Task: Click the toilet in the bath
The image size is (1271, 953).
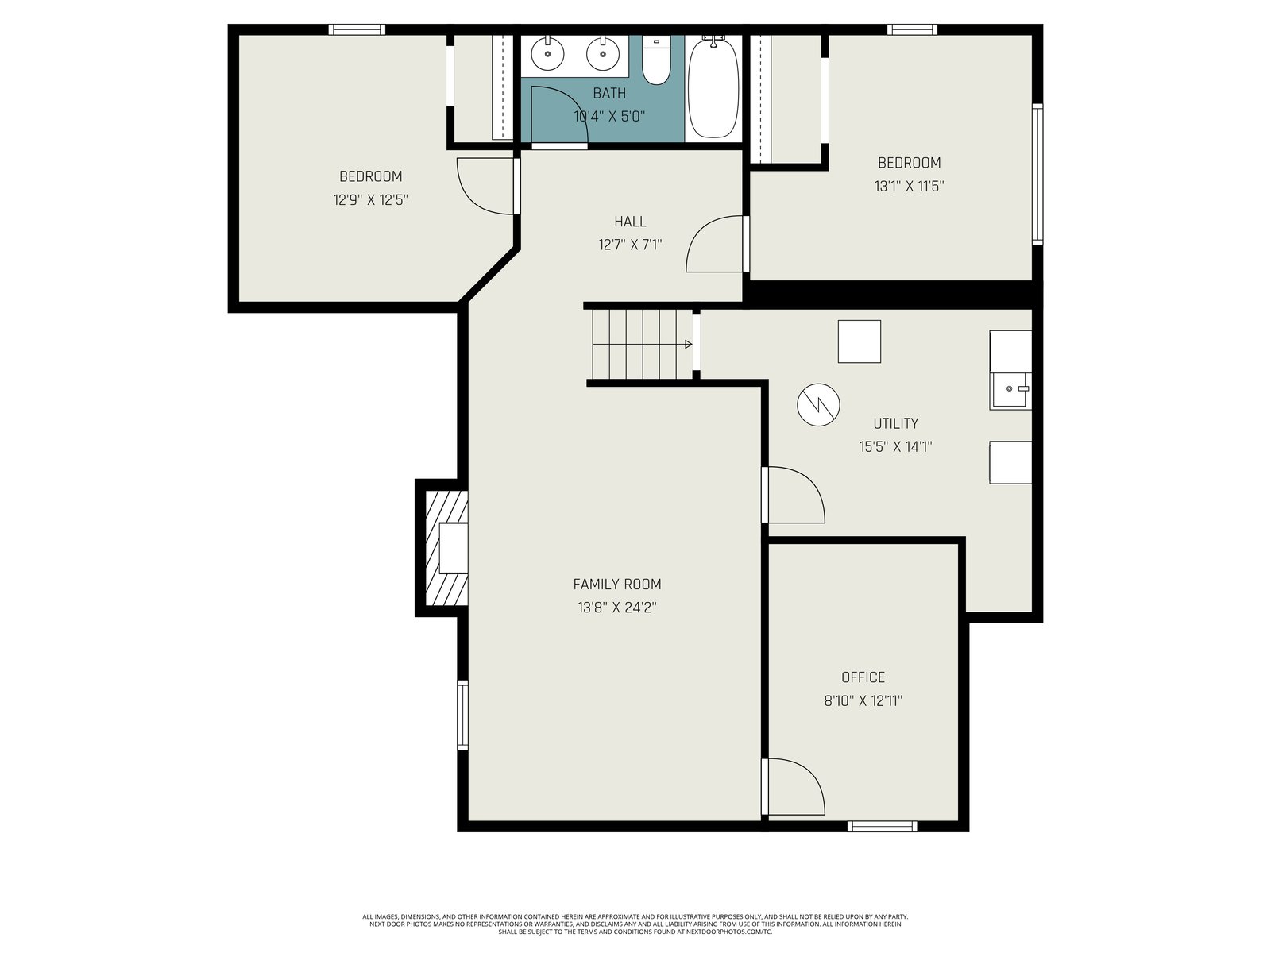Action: pyautogui.click(x=656, y=60)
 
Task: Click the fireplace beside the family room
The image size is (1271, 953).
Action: pyautogui.click(x=446, y=548)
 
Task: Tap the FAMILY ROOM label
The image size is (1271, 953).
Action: pyautogui.click(x=616, y=584)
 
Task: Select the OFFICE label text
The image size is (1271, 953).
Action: pyautogui.click(x=863, y=677)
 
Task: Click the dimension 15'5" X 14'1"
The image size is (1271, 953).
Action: pyautogui.click(x=895, y=446)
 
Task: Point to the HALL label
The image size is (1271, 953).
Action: pyautogui.click(x=630, y=221)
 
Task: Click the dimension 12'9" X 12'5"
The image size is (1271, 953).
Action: pyautogui.click(x=371, y=199)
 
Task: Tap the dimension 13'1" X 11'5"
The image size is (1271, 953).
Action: pyautogui.click(x=909, y=187)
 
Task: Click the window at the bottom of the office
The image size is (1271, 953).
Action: pyautogui.click(x=882, y=826)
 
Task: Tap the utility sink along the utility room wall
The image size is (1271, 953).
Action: pyautogui.click(x=1010, y=391)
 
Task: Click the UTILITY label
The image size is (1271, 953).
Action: pyautogui.click(x=895, y=423)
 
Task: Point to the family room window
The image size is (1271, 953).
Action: pyautogui.click(x=462, y=715)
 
